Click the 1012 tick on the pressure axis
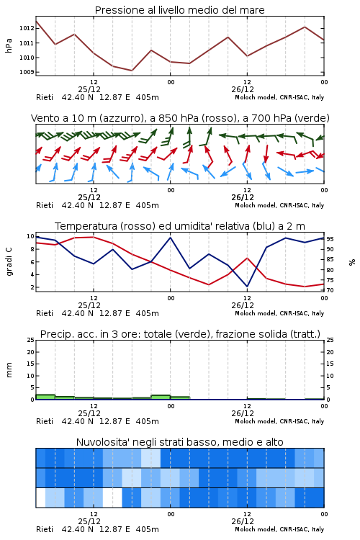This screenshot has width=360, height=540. click(27, 28)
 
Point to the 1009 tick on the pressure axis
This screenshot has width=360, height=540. click(27, 72)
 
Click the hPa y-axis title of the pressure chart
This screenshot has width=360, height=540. click(9, 45)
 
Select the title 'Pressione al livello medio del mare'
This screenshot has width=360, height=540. click(179, 10)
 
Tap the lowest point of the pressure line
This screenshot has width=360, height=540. click(132, 71)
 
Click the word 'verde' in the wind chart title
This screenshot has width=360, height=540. click(311, 118)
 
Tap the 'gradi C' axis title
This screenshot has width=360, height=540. click(9, 261)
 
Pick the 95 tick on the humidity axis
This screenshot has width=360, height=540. click(330, 238)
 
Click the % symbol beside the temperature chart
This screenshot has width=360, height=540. click(352, 262)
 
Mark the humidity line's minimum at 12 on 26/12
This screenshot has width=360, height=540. click(247, 287)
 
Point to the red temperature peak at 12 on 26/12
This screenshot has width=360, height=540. click(247, 258)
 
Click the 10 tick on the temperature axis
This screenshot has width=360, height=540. click(30, 236)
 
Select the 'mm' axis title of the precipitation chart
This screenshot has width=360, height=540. click(9, 370)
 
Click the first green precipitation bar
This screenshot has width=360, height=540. click(45, 397)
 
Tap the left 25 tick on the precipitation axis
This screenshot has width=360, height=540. click(30, 340)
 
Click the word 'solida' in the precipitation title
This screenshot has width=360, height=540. click(271, 334)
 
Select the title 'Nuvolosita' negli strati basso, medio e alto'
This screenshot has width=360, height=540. click(180, 442)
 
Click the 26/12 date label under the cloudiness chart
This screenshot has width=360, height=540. click(243, 521)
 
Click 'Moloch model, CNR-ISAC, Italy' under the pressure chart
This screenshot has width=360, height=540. click(279, 97)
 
